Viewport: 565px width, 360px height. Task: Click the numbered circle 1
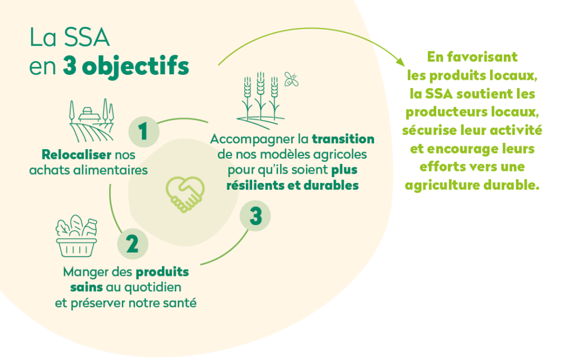coord(144,131)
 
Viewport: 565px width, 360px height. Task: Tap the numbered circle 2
coord(133,244)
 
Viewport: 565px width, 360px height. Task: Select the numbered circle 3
coord(255,216)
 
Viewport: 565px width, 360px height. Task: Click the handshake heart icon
coord(185,194)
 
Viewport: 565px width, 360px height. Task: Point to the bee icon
coord(291,79)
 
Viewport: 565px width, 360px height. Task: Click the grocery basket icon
coord(77,236)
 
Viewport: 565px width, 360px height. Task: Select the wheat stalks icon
coord(260,100)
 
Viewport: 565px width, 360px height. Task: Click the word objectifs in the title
coord(136,66)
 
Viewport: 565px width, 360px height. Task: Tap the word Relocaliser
coord(77,154)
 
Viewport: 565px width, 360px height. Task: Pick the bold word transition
coord(343,139)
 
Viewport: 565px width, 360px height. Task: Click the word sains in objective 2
coord(86,287)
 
